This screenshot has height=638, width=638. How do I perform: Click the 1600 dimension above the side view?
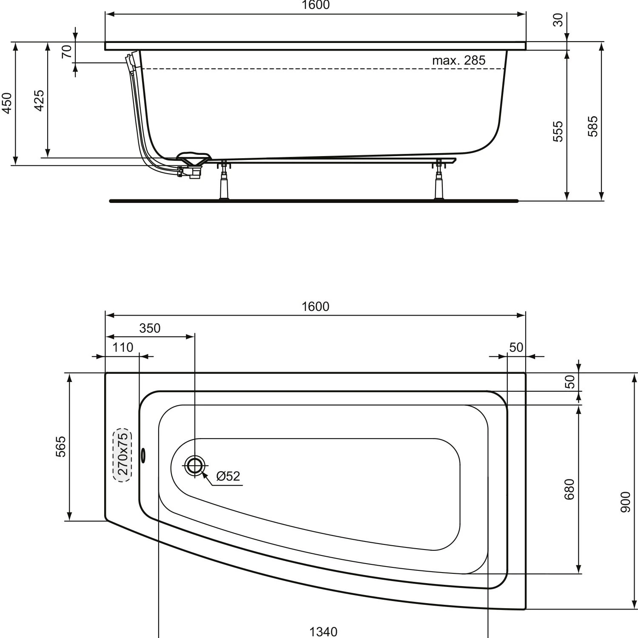pyautogui.click(x=316, y=5)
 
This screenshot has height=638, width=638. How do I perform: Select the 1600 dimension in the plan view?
pyautogui.click(x=316, y=307)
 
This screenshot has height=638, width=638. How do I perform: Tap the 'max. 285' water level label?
pyautogui.click(x=459, y=60)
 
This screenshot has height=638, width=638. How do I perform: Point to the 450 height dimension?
pyautogui.click(x=7, y=103)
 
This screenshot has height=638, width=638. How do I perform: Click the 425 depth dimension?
pyautogui.click(x=39, y=100)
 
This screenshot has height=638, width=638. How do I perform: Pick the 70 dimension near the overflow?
pyautogui.click(x=67, y=52)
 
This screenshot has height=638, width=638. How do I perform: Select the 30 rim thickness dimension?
pyautogui.click(x=558, y=20)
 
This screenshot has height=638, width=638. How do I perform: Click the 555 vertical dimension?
pyautogui.click(x=558, y=131)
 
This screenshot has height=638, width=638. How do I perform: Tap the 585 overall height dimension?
pyautogui.click(x=593, y=126)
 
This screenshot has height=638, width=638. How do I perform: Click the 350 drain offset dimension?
pyautogui.click(x=150, y=328)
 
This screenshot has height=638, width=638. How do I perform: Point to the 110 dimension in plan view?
pyautogui.click(x=122, y=347)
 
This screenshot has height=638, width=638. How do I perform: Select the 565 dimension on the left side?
pyautogui.click(x=61, y=446)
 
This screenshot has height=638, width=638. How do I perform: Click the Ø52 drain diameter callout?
pyautogui.click(x=228, y=476)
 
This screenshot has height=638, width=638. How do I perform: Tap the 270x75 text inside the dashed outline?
pyautogui.click(x=122, y=454)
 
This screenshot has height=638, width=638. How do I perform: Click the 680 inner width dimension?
pyautogui.click(x=570, y=489)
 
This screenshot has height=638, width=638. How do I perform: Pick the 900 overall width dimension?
pyautogui.click(x=625, y=501)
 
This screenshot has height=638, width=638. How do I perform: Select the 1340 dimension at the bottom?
pyautogui.click(x=323, y=632)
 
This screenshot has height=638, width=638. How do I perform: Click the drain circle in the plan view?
pyautogui.click(x=194, y=466)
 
